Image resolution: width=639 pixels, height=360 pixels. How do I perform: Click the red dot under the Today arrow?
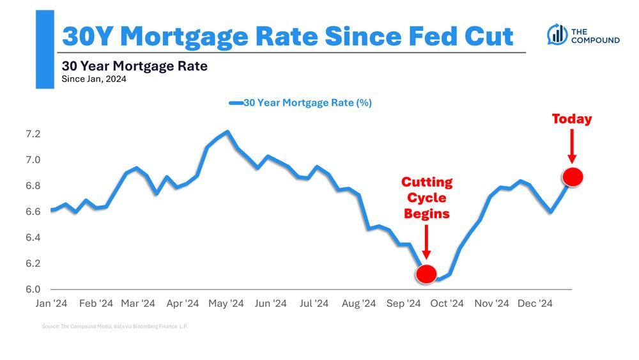[573, 177]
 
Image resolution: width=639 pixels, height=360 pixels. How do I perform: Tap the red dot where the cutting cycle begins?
[426, 274]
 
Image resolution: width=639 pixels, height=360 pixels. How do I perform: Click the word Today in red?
[571, 119]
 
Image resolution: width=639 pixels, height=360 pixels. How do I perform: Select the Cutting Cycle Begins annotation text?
[427, 198]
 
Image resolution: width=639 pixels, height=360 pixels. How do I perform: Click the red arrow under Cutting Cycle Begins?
[426, 244]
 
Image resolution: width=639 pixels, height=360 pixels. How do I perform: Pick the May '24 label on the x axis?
[226, 304]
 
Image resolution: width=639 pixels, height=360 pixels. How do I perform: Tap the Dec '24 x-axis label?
[535, 304]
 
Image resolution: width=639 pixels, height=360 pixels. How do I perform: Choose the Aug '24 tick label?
[359, 304]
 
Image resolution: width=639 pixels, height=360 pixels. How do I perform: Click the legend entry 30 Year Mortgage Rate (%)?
[300, 103]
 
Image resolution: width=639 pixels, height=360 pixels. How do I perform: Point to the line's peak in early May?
[227, 132]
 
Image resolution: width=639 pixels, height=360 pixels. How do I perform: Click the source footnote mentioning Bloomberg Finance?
[116, 326]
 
